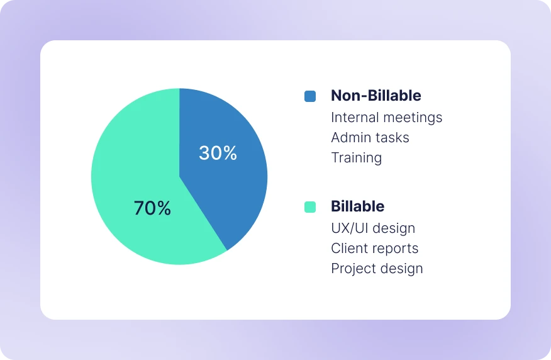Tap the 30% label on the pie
(x=218, y=153)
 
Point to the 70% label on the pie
(x=152, y=208)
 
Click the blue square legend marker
(x=310, y=96)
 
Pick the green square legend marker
(x=310, y=207)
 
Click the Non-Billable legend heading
(x=376, y=96)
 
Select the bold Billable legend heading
(x=357, y=206)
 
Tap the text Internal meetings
(x=386, y=118)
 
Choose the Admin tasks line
(x=370, y=138)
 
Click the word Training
(x=356, y=158)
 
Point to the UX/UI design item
(x=373, y=228)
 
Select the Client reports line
(x=374, y=249)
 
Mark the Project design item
(x=377, y=269)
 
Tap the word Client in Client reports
(x=348, y=249)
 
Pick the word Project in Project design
(x=351, y=269)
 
